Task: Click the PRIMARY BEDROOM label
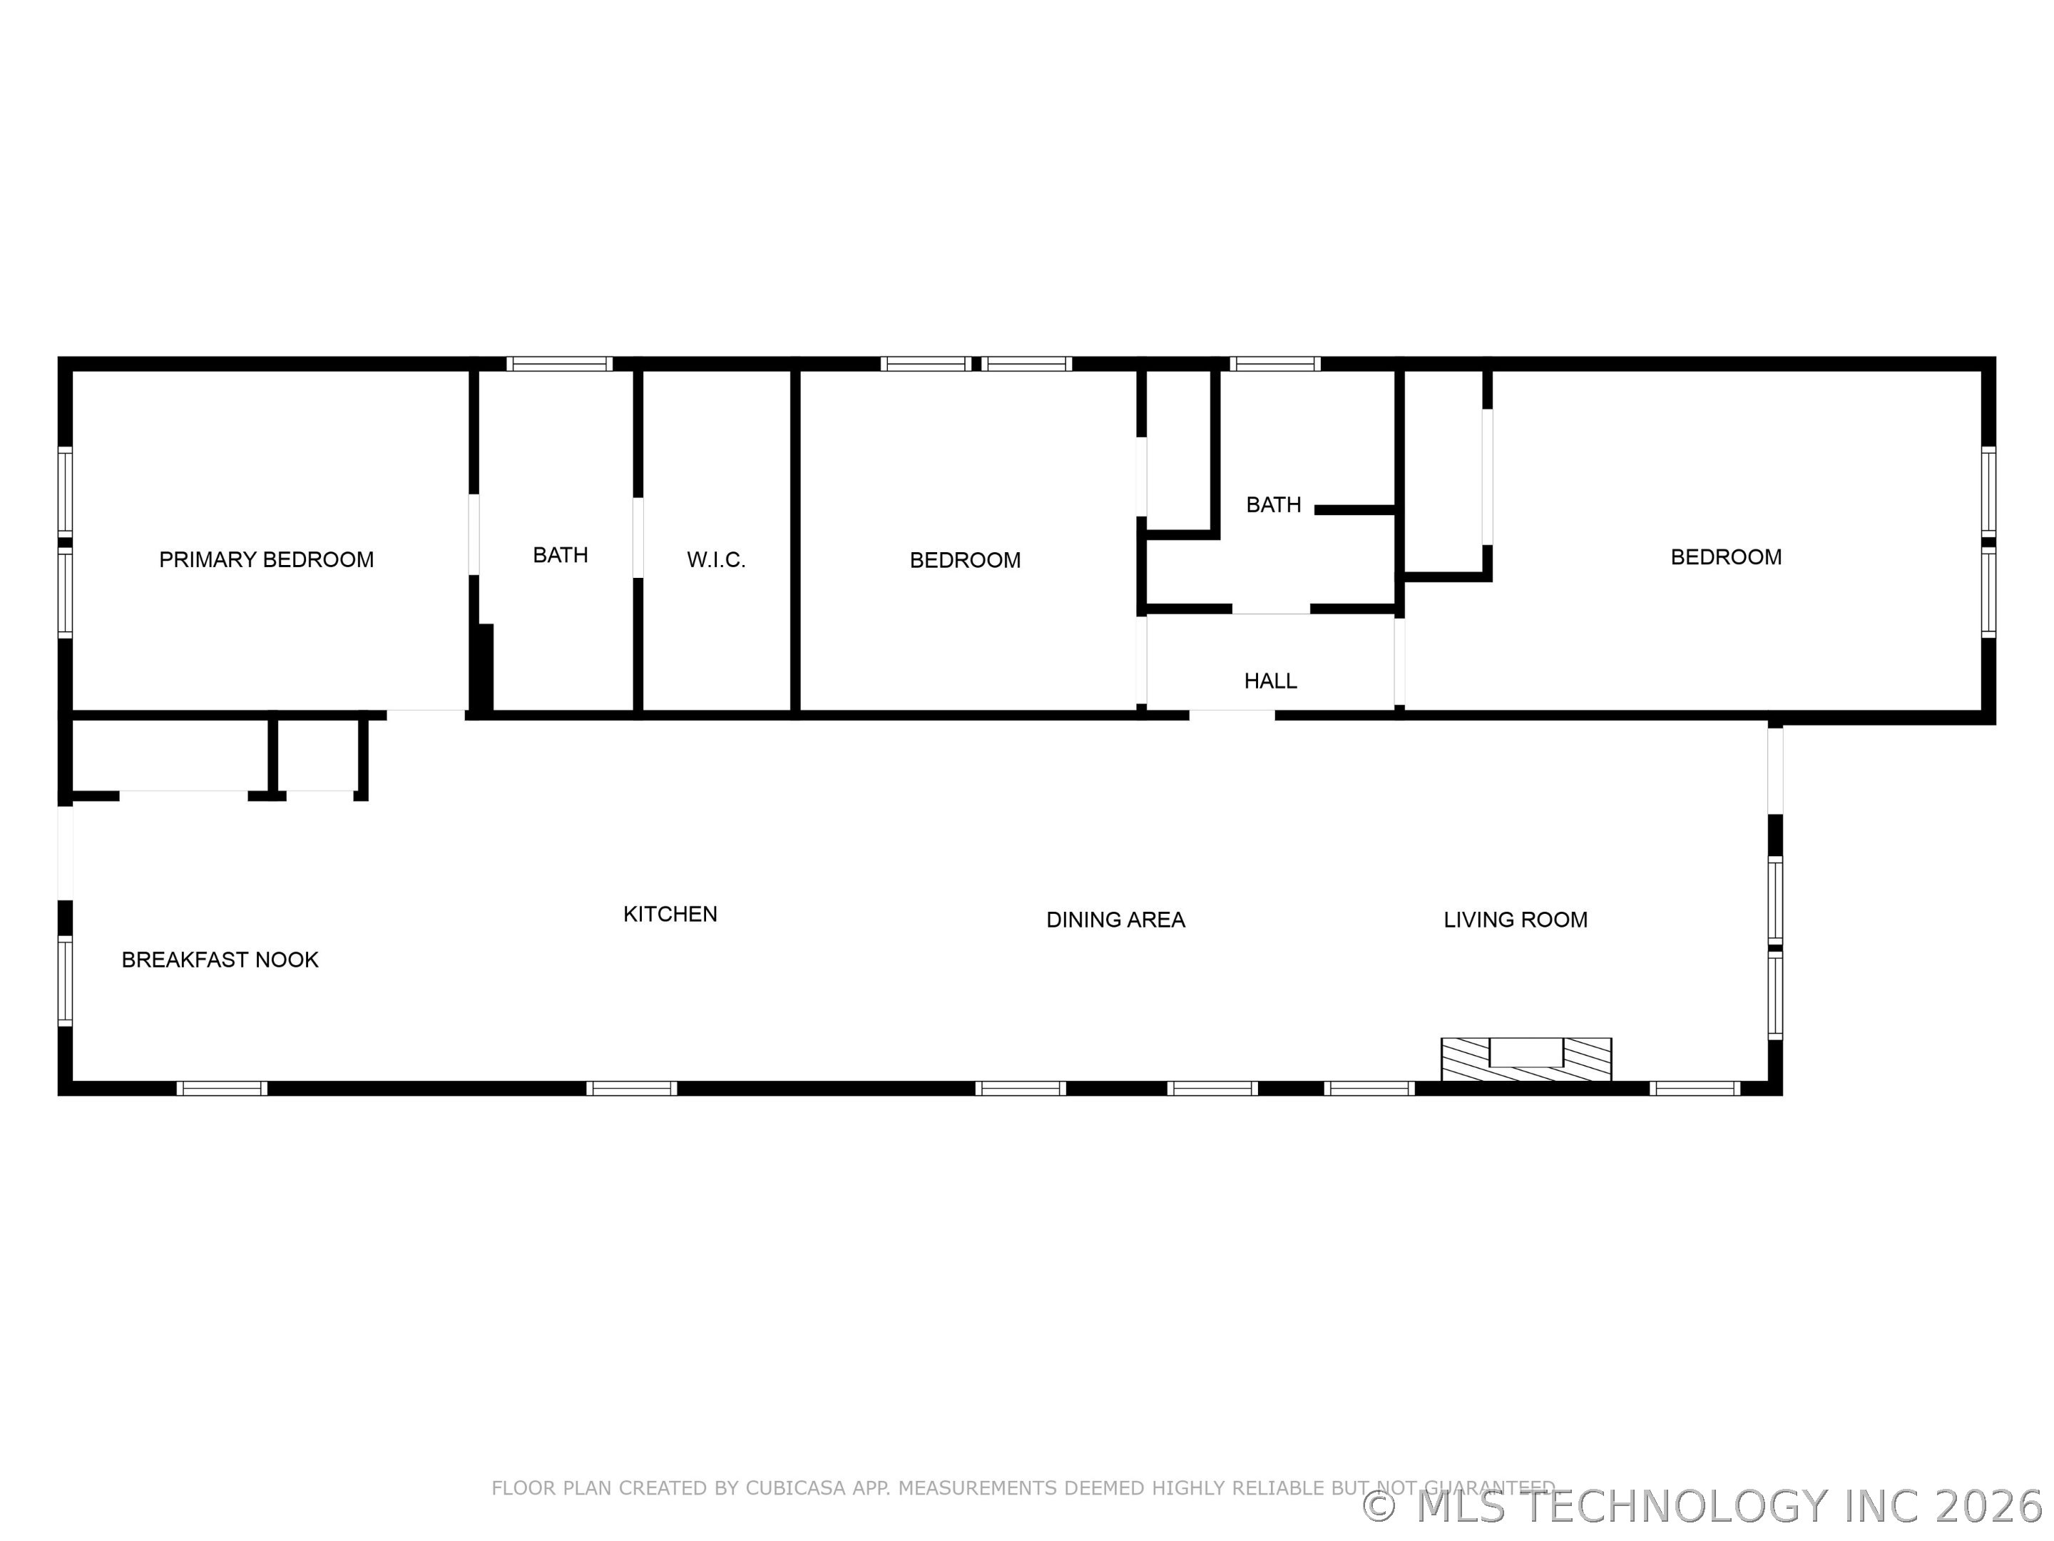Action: click(267, 560)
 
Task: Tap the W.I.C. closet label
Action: click(716, 560)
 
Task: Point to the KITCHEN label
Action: click(670, 915)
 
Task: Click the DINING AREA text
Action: click(1115, 920)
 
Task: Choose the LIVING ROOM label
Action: click(1516, 920)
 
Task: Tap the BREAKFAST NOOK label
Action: click(220, 960)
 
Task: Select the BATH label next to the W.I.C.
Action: click(560, 556)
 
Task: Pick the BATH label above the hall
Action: click(1273, 505)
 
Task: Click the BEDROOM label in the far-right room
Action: click(1725, 557)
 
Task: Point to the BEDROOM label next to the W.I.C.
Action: click(965, 561)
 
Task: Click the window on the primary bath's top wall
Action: click(559, 364)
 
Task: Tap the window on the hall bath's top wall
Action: click(1275, 364)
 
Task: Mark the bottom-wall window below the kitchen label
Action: click(631, 1089)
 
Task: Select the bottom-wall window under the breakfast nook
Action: click(222, 1089)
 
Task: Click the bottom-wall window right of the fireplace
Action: click(1694, 1089)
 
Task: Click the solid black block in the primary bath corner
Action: click(482, 668)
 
